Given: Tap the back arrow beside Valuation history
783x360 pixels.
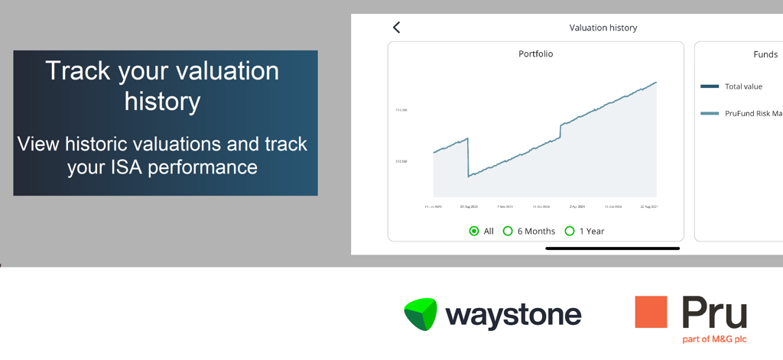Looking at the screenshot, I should coord(396,28).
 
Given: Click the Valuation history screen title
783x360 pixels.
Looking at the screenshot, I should coord(603,28).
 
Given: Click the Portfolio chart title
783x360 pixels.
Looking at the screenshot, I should coord(535,54).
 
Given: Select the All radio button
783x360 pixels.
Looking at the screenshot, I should coord(474,231).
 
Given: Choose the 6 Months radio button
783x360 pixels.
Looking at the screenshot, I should coord(508,231).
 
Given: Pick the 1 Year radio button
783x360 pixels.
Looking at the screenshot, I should coord(569,231).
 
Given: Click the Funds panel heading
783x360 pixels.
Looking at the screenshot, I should coord(765,55).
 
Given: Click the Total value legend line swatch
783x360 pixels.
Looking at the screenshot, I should coord(710,86).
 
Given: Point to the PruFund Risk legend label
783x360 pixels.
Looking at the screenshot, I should coord(753,114).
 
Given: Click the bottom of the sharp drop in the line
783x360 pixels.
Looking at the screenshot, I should coord(468,177).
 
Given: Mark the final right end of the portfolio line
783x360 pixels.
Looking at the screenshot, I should coord(656,82).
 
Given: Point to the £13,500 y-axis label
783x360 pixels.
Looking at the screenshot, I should coord(401,110).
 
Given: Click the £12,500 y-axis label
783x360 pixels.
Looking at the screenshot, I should coord(401,161).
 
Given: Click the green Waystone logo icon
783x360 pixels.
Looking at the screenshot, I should coord(420,314).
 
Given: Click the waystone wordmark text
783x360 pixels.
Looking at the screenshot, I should coord(513,315).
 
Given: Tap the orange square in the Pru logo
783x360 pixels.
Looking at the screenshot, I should coord(651,312).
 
